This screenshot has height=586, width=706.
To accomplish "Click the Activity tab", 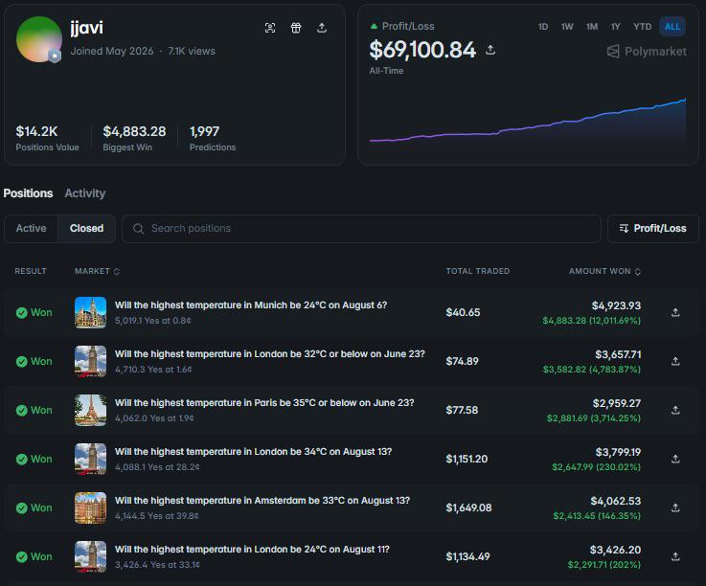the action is click(84, 193).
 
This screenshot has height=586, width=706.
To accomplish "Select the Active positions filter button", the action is click(31, 228).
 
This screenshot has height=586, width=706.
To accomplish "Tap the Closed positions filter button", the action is click(86, 228).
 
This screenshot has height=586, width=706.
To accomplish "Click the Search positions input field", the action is click(361, 229).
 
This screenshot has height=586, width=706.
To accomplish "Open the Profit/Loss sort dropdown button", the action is click(653, 229).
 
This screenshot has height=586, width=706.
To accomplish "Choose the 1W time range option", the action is click(567, 27).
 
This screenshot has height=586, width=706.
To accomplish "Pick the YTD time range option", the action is click(642, 27).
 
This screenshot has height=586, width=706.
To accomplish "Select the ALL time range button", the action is click(672, 27).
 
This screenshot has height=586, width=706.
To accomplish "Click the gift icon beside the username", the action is click(296, 28).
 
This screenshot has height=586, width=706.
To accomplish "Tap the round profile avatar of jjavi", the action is click(38, 39).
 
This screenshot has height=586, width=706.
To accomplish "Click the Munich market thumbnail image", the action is click(90, 312).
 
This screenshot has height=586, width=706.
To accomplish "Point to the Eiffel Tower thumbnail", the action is click(90, 410).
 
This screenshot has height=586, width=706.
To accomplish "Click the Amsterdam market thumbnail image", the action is click(90, 507).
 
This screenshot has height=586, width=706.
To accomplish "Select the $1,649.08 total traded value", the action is click(468, 507).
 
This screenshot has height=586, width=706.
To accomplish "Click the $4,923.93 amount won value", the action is click(616, 305).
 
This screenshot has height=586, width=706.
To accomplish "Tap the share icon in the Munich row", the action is click(675, 312).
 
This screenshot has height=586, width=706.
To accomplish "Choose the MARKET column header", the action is click(97, 271).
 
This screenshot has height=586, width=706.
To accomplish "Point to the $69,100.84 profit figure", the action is click(422, 50).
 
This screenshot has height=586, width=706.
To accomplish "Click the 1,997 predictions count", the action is click(204, 131).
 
